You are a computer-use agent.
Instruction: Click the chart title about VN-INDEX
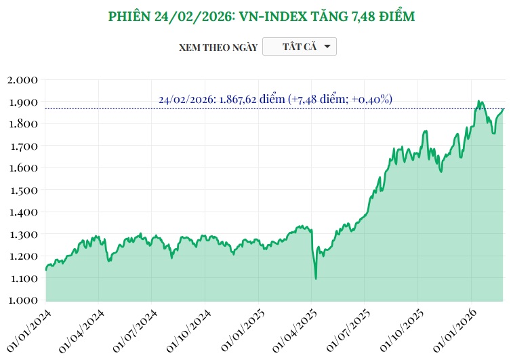click(x=261, y=16)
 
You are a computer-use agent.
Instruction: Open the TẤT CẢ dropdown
click(x=299, y=47)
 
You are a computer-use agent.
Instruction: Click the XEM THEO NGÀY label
click(x=218, y=47)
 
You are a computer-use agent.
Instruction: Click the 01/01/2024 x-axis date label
click(x=26, y=329)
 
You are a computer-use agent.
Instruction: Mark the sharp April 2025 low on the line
click(x=316, y=278)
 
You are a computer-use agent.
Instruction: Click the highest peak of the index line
click(x=478, y=102)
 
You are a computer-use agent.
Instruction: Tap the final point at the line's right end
click(x=504, y=108)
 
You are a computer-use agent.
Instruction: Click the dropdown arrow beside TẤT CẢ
click(x=327, y=47)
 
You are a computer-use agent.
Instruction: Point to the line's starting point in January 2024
click(x=46, y=270)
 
